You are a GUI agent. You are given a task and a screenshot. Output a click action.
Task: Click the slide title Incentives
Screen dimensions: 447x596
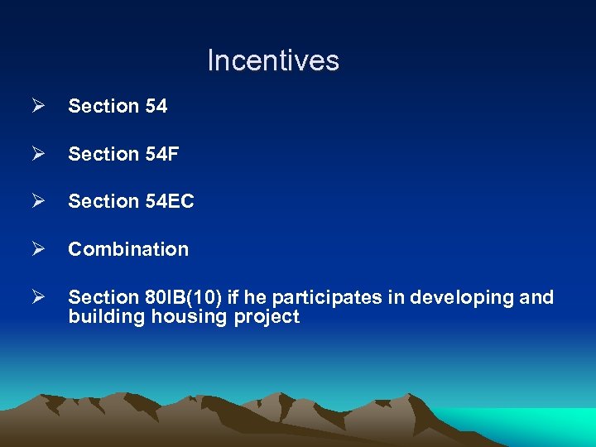(272, 60)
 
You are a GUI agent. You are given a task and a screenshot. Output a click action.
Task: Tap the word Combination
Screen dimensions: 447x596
(128, 249)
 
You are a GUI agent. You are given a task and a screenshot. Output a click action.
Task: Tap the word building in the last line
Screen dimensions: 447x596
(107, 317)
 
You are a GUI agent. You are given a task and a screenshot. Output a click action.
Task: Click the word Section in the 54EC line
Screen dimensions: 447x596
(103, 201)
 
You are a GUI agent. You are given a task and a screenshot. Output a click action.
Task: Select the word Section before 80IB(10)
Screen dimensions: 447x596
(103, 297)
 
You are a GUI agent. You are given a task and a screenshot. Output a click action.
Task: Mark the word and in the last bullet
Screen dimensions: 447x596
(536, 297)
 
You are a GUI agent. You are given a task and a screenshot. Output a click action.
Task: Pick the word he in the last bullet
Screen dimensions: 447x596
(257, 297)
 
